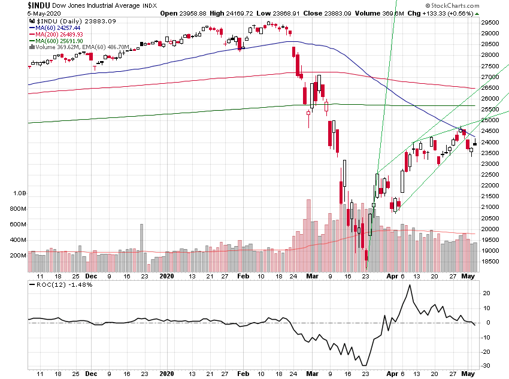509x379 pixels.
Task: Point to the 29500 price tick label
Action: (494, 22)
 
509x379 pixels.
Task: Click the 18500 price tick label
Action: (494, 262)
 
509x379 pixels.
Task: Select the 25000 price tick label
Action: (494, 120)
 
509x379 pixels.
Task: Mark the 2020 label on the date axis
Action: (167, 277)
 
